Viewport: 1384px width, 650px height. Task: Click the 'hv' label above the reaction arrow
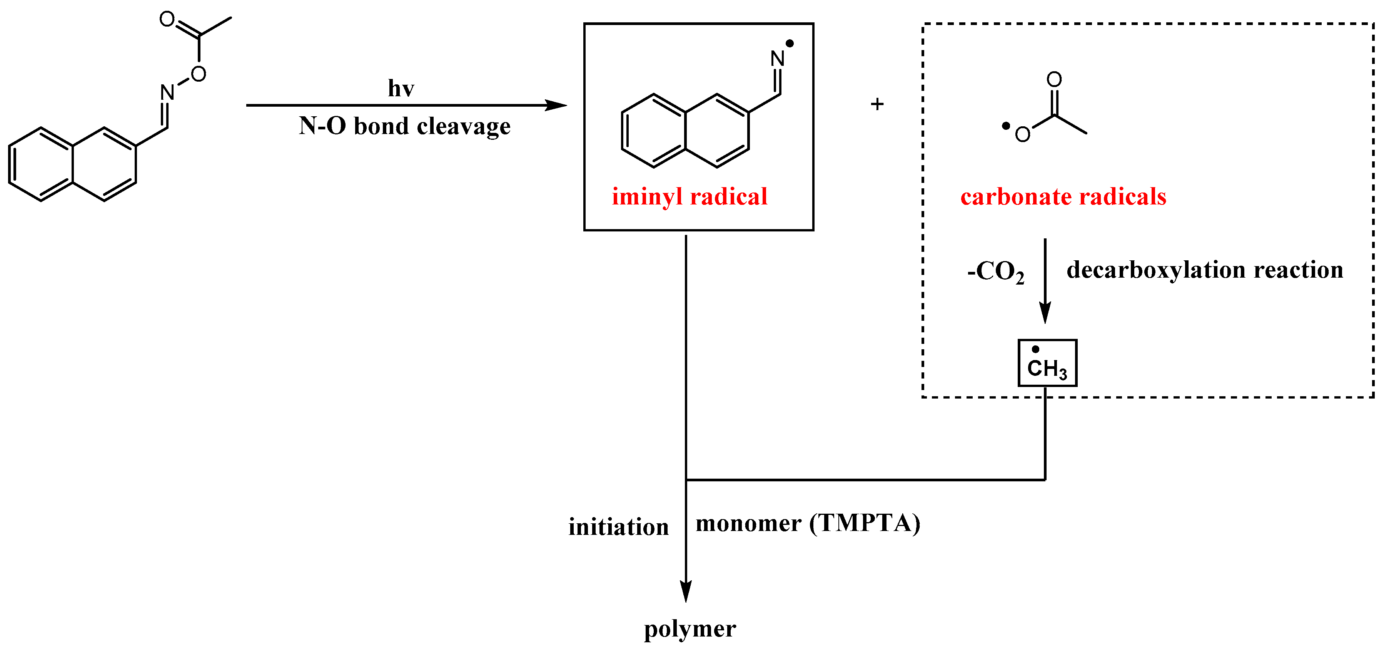[401, 88]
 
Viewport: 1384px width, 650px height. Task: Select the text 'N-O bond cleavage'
[404, 126]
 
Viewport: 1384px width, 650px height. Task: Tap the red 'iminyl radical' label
[689, 197]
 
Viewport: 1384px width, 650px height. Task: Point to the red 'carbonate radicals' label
[1063, 197]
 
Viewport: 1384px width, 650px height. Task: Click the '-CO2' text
[995, 271]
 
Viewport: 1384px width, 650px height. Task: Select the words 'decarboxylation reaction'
[1205, 270]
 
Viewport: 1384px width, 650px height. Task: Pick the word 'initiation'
[618, 527]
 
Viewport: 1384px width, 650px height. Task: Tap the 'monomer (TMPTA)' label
[808, 523]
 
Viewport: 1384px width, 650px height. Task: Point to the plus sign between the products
[877, 104]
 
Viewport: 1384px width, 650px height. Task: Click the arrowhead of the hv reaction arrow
[557, 106]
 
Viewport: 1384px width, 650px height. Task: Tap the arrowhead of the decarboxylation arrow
[1045, 313]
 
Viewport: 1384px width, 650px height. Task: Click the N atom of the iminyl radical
[778, 59]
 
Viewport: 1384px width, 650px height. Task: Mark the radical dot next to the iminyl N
[790, 44]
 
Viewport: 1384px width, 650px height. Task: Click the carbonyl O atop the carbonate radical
[1054, 80]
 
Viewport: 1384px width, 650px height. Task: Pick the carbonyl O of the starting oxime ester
[167, 19]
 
